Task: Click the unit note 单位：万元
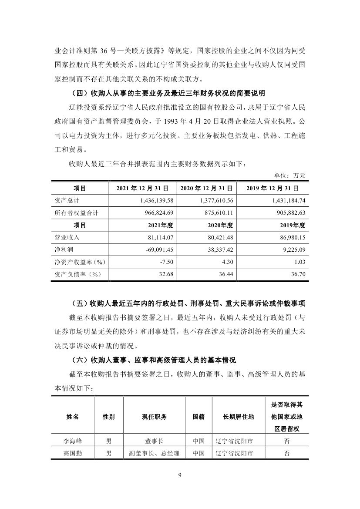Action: point(290,175)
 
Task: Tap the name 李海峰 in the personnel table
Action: point(73,441)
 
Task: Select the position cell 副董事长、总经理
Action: point(154,453)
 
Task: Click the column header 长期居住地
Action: point(238,416)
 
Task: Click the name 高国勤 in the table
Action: point(73,453)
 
